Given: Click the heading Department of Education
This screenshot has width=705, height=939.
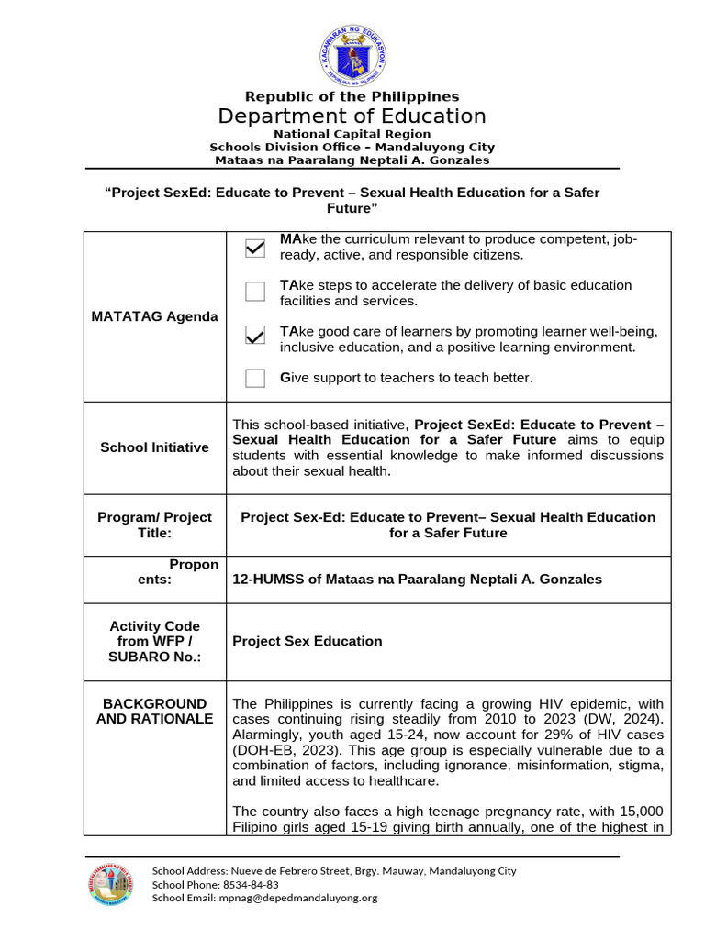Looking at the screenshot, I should [x=352, y=116].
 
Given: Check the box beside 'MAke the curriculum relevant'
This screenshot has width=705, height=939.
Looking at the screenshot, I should [x=255, y=248].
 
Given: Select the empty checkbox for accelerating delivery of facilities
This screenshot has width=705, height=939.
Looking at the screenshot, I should [x=255, y=293].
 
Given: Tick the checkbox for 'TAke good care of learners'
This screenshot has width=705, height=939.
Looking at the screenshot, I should [x=255, y=336].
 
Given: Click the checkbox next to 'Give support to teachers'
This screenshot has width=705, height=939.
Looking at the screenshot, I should [x=255, y=378].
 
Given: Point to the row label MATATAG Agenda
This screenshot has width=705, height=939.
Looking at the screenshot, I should [x=154, y=316].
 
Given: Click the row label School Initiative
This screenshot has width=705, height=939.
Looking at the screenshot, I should [x=154, y=447].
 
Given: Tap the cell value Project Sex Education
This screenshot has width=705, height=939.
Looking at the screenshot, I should [x=307, y=641].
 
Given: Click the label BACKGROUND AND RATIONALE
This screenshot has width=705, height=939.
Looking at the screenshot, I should [x=154, y=711].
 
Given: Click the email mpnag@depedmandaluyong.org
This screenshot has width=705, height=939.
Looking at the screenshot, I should [x=297, y=898].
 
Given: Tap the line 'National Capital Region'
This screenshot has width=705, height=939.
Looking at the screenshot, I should [x=352, y=134].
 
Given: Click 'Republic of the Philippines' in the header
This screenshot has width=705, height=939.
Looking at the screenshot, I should [x=352, y=96].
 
